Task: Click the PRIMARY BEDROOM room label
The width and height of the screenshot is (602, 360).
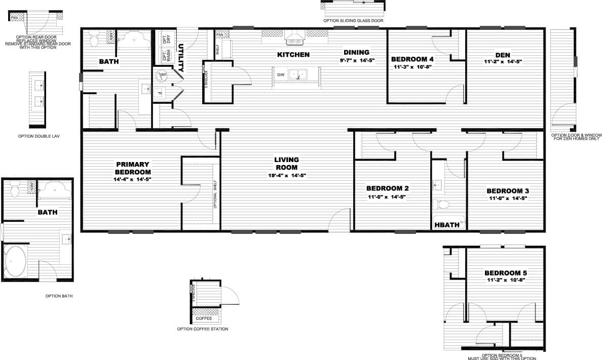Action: click(132, 168)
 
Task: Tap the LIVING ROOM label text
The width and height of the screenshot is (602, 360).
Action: click(286, 164)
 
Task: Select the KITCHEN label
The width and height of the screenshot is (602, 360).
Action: click(293, 55)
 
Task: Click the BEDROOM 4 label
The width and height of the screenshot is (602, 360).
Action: click(412, 59)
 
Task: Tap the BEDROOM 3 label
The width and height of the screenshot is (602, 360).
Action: click(507, 191)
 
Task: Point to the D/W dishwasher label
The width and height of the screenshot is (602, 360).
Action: click(280, 75)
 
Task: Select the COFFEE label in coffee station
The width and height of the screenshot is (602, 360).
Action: click(204, 318)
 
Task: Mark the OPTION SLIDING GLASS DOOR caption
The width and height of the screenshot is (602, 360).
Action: click(353, 21)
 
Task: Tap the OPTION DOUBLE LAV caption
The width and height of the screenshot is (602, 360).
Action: click(39, 136)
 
